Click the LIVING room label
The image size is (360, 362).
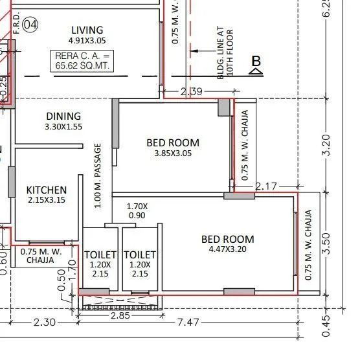(87, 30)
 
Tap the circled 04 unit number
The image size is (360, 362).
(30, 25)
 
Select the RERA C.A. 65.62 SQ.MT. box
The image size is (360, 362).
(87, 62)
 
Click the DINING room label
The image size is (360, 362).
(63, 116)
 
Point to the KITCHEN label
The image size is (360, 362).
(46, 190)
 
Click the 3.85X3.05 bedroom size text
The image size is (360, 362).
(172, 154)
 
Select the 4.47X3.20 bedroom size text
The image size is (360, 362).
(227, 249)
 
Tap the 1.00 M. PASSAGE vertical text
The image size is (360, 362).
(98, 175)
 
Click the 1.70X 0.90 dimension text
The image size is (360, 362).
(137, 210)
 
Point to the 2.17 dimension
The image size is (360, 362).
(266, 187)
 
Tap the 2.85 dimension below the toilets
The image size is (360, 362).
(121, 315)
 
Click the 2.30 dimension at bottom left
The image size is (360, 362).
(44, 322)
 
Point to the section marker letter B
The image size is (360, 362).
(256, 62)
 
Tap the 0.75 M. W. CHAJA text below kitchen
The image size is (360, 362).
(41, 256)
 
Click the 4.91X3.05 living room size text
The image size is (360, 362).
(87, 41)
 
